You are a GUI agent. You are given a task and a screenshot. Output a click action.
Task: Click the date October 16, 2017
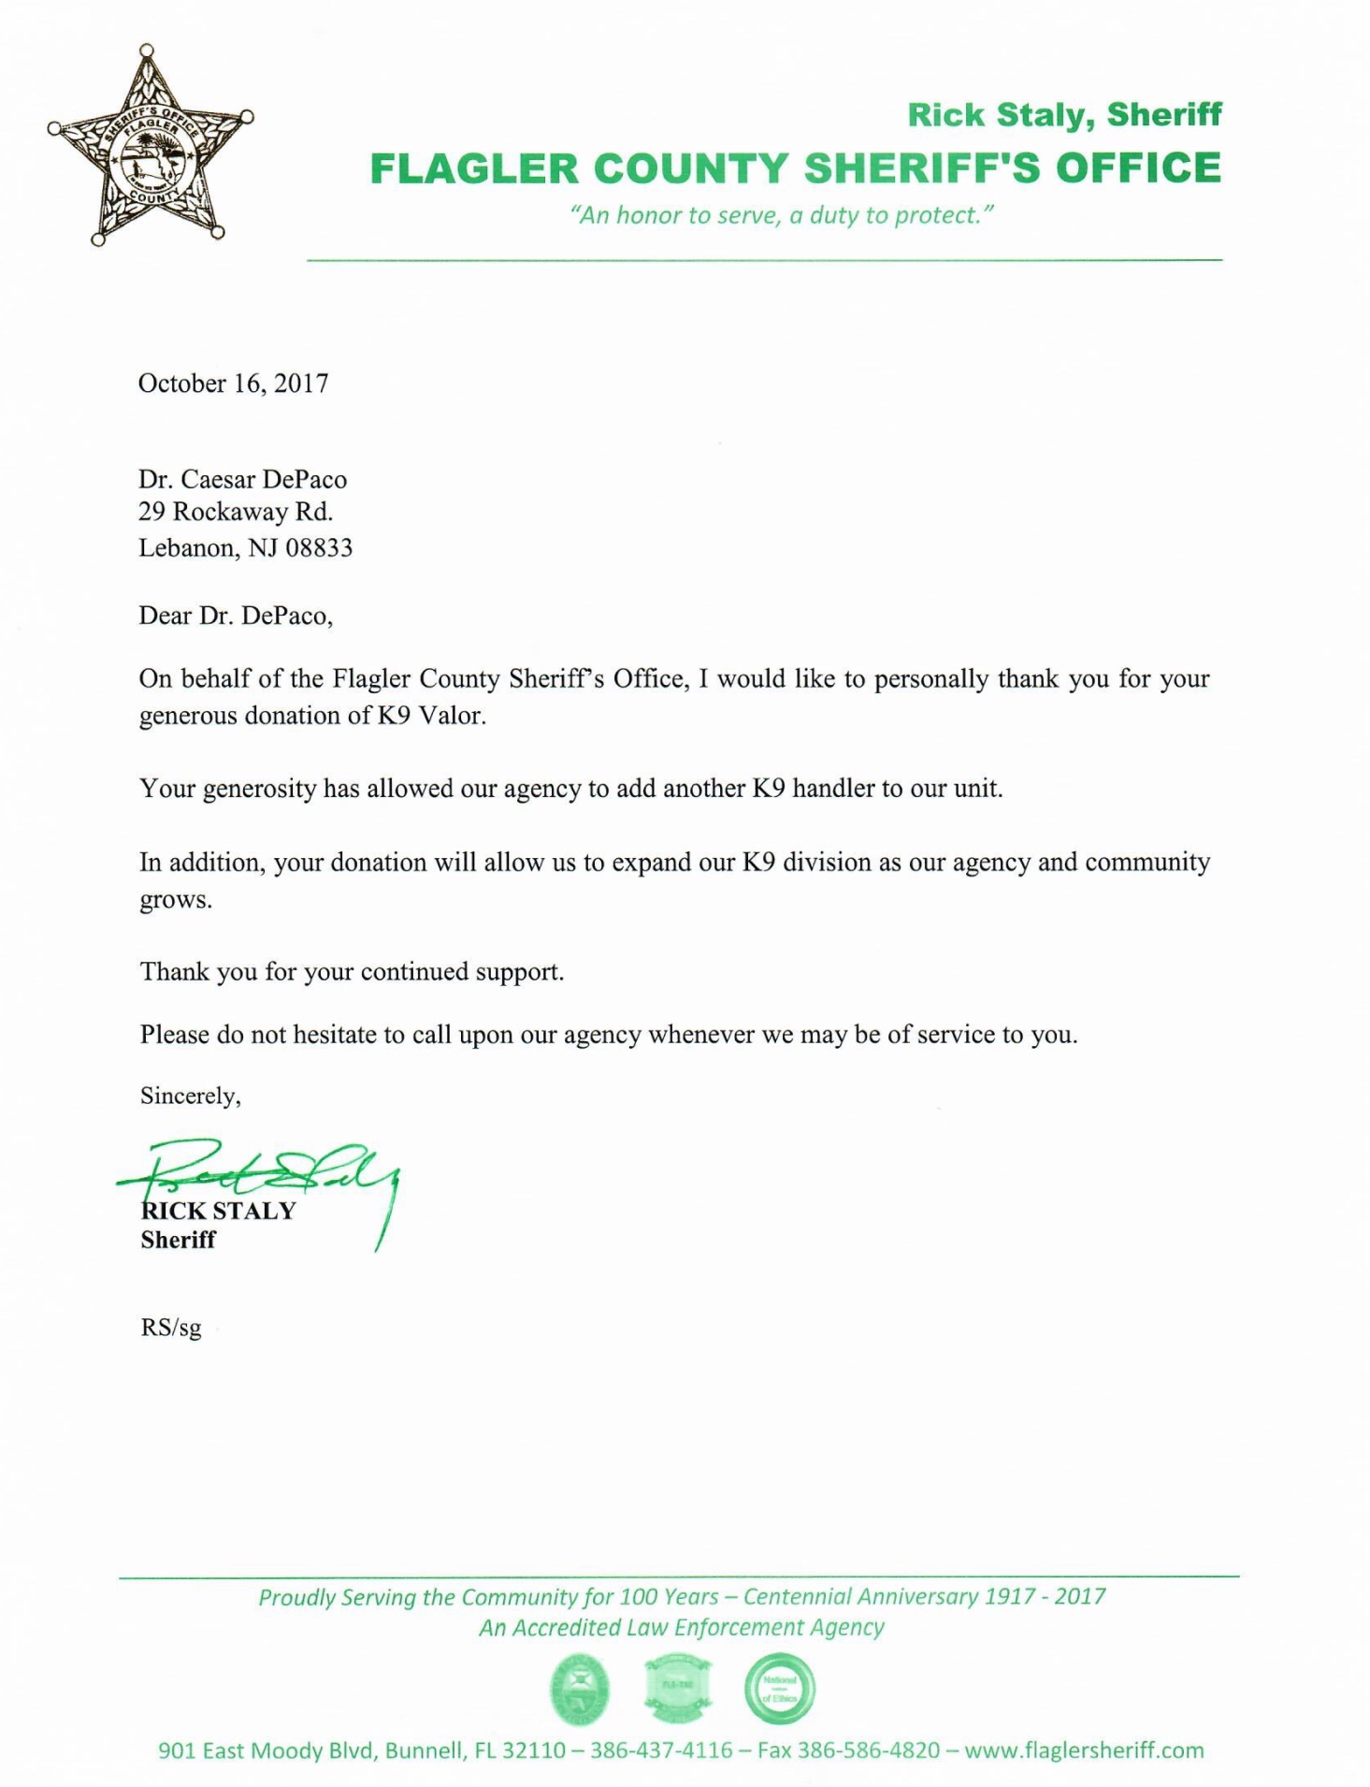pyautogui.click(x=233, y=384)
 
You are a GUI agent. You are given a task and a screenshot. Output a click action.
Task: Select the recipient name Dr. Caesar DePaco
pyautogui.click(x=242, y=479)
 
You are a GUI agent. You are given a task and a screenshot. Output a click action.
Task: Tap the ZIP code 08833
pyautogui.click(x=318, y=548)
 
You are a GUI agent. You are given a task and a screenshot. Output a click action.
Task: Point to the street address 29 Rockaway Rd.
pyautogui.click(x=236, y=513)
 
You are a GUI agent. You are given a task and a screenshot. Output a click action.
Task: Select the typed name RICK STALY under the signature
pyautogui.click(x=218, y=1211)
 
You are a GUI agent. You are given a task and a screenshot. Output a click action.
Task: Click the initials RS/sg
pyautogui.click(x=171, y=1328)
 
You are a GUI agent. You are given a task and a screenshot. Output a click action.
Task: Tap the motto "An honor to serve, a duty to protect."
pyautogui.click(x=781, y=216)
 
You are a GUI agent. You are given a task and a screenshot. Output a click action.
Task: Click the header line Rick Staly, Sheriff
pyautogui.click(x=1064, y=115)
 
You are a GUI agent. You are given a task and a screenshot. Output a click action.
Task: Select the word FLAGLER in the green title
pyautogui.click(x=474, y=169)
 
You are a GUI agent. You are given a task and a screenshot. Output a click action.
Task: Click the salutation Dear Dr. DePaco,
pyautogui.click(x=236, y=616)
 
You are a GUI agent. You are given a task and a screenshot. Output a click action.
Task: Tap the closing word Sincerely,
pyautogui.click(x=191, y=1096)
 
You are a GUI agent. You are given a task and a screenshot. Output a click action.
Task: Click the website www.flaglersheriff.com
pyautogui.click(x=1084, y=1751)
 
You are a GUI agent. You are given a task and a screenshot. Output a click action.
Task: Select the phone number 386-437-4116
pyautogui.click(x=661, y=1751)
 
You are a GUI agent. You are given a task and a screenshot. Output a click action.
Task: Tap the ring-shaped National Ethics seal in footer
pyautogui.click(x=779, y=1690)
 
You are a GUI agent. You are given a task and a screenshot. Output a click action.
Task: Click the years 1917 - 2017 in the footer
pyautogui.click(x=1044, y=1597)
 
